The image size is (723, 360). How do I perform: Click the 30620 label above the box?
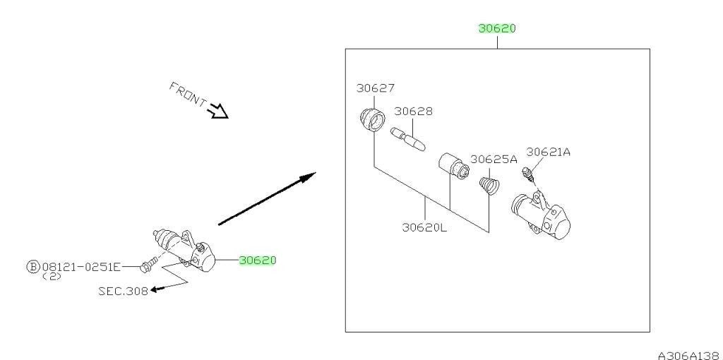[x=497, y=28]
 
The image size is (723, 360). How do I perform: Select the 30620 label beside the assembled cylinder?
[x=257, y=260]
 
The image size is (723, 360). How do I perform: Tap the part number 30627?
[x=376, y=88]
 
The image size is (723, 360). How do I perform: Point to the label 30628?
[x=413, y=111]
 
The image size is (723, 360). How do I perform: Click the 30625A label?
[x=494, y=160]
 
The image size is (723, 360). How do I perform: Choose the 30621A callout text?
[x=548, y=152]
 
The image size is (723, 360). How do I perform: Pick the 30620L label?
[x=424, y=227]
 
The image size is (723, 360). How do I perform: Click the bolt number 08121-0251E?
[x=81, y=267]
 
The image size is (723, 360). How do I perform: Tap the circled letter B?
[x=33, y=267]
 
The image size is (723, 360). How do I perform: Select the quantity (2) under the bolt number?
[x=52, y=277]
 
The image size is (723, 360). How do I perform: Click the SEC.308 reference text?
[x=123, y=291]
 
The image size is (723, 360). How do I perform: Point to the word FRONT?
[x=188, y=94]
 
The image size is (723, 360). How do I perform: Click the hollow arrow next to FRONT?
[x=217, y=111]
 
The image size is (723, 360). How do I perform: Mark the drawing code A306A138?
[x=690, y=355]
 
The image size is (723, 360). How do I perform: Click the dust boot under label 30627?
[x=373, y=119]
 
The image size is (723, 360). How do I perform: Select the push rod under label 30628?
[x=408, y=139]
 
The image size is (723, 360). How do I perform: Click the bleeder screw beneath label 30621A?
[x=527, y=174]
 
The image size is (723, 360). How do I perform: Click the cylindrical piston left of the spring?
[x=453, y=167]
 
